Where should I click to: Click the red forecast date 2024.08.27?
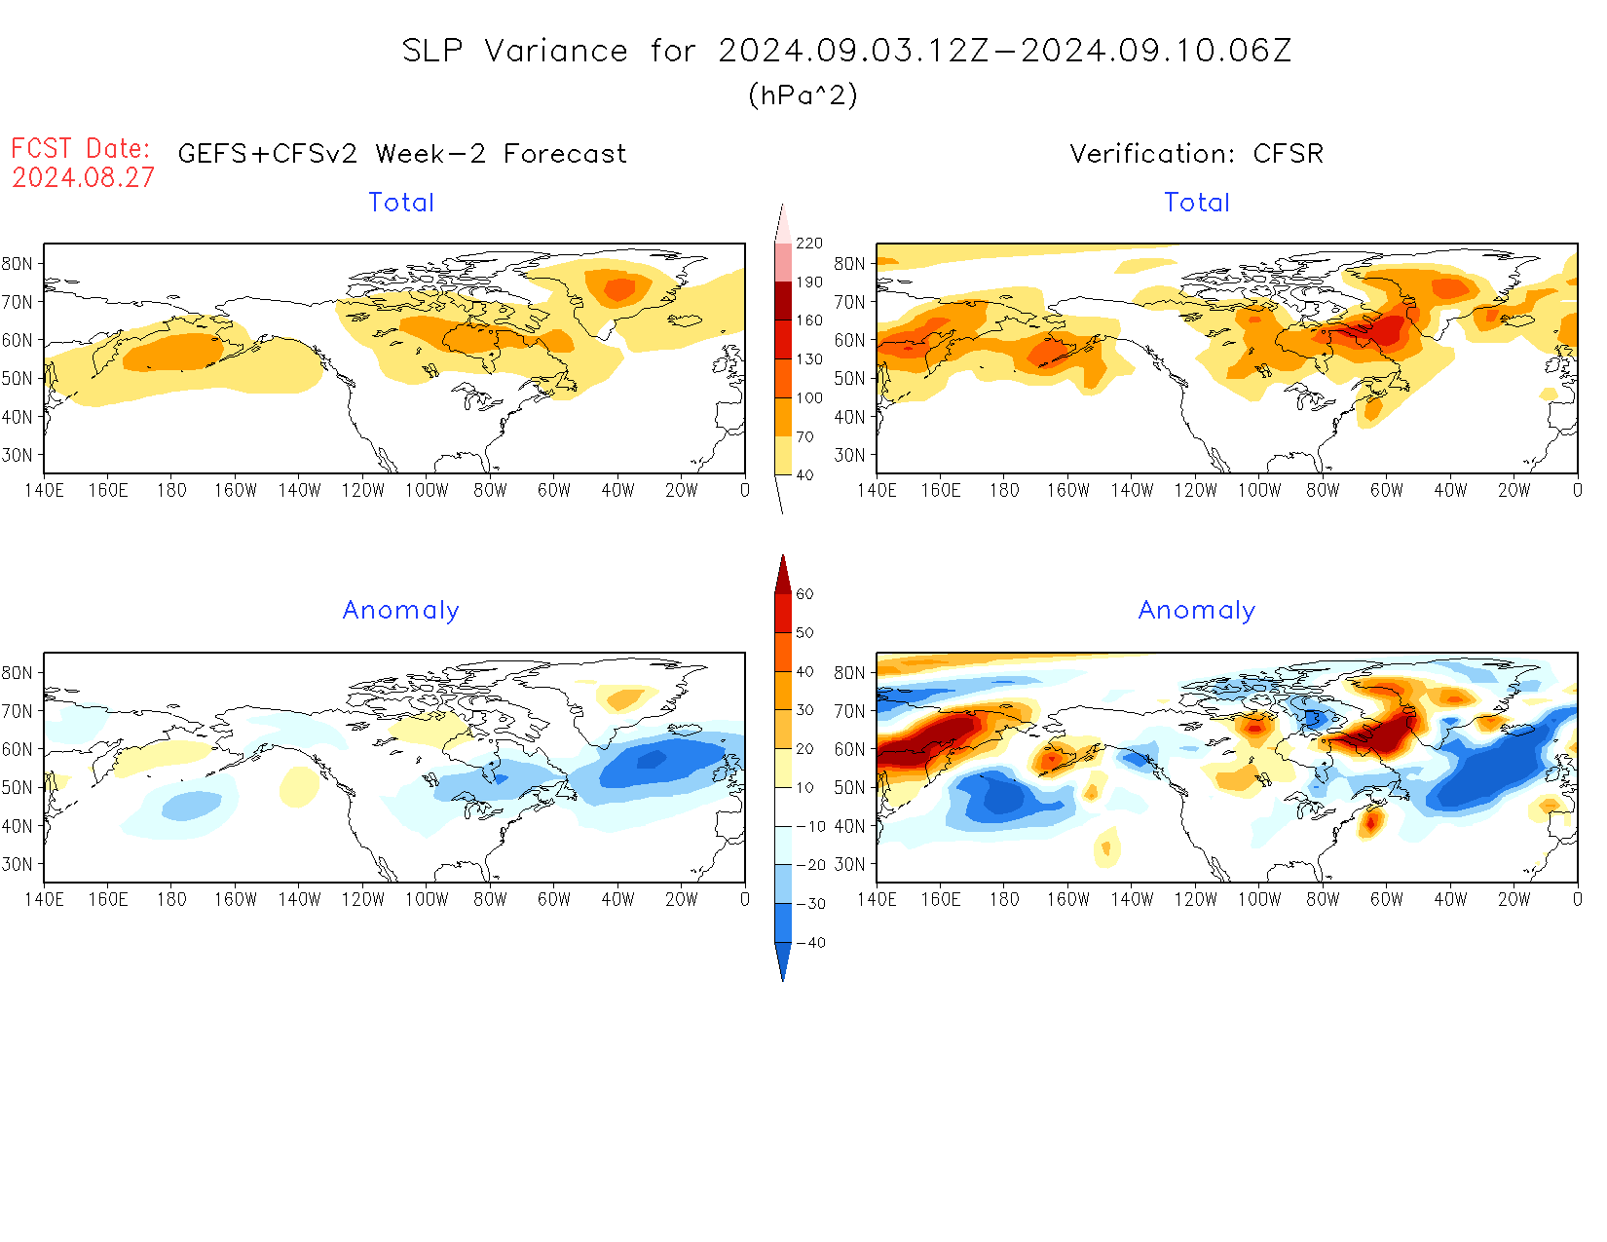[83, 177]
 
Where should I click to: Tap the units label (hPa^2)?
[803, 94]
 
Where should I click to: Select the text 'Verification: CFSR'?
[1196, 154]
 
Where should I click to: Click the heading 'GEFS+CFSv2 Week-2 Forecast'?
[402, 154]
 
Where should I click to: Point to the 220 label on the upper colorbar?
[808, 244]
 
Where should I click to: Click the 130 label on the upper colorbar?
[808, 359]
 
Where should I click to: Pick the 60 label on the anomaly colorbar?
[804, 594]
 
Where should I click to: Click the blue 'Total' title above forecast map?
[401, 203]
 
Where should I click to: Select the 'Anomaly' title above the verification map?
[1197, 611]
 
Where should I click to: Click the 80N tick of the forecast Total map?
[18, 263]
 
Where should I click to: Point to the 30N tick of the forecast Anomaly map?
[18, 864]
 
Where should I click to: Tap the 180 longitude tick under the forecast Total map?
[171, 490]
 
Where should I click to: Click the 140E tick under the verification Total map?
[877, 490]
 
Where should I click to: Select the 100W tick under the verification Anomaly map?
[1259, 899]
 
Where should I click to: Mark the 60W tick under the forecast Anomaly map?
[554, 899]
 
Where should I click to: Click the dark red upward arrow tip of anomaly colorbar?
[783, 561]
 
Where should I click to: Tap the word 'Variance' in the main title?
[556, 51]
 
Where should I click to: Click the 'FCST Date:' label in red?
[81, 148]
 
